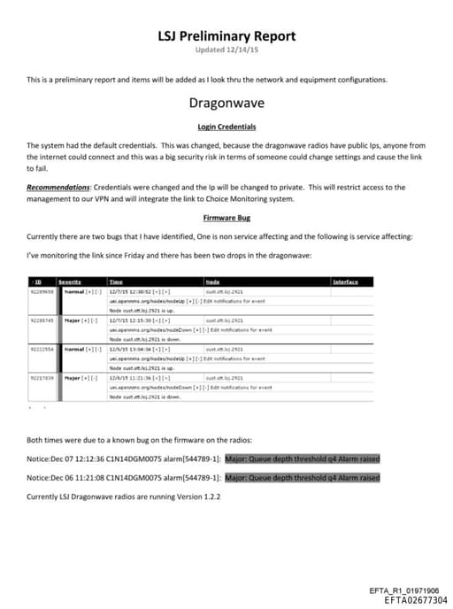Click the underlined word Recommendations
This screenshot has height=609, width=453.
coord(56,187)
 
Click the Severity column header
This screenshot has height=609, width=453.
coord(70,281)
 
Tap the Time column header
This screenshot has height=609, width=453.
coord(115,281)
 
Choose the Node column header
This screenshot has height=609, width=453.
coord(212,281)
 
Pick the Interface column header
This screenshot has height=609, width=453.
coord(345,281)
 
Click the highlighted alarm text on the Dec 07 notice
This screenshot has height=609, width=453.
coord(302,459)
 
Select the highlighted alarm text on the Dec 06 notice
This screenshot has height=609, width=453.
coord(302,478)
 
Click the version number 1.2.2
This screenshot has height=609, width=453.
coord(209,497)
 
